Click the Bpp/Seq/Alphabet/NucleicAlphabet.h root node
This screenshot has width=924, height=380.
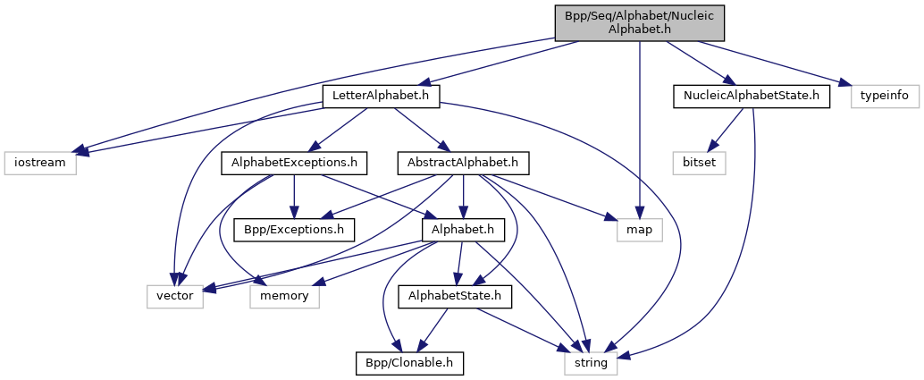pos(639,22)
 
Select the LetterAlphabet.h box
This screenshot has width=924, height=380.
pos(382,96)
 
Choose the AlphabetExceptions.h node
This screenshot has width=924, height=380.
pos(294,163)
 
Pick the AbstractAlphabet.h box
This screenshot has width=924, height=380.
pos(463,163)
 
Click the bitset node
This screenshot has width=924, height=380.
pos(700,163)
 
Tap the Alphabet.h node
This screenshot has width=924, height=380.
pos(458,229)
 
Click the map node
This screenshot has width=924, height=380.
pos(639,229)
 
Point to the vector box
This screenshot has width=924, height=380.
pos(175,296)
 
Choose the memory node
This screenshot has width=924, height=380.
pos(284,296)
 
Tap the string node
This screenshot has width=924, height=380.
pos(590,362)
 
